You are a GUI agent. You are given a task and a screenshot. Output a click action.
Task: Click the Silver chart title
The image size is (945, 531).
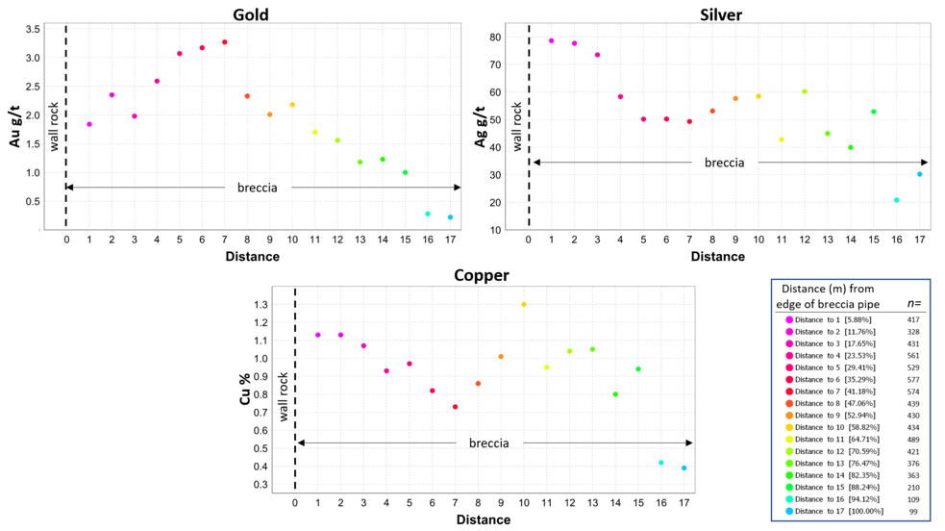coord(721,14)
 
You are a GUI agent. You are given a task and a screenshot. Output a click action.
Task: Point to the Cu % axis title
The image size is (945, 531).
coord(246,395)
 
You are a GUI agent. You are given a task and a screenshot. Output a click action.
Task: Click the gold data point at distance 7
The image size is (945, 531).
coord(225,42)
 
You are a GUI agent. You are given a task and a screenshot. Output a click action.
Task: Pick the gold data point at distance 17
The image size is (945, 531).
coord(450,217)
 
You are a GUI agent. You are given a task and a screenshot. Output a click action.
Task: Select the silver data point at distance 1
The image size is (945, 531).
coord(551,40)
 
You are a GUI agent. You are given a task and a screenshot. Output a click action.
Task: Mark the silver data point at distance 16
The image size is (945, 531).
coord(897,200)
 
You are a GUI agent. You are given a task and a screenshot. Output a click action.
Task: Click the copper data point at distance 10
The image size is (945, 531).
coord(524,304)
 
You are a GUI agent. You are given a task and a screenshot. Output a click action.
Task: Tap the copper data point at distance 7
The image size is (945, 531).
coord(455,407)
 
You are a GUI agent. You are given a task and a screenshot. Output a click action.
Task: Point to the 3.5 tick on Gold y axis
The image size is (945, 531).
coord(33,29)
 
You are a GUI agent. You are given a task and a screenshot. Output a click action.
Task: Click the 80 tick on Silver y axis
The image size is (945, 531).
coord(496,38)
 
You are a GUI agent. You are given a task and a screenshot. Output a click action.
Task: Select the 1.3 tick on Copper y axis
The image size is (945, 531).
coord(261,305)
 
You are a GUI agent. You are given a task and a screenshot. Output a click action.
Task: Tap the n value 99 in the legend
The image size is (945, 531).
coord(913,512)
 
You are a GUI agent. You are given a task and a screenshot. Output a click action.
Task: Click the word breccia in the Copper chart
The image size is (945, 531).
coord(488,443)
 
